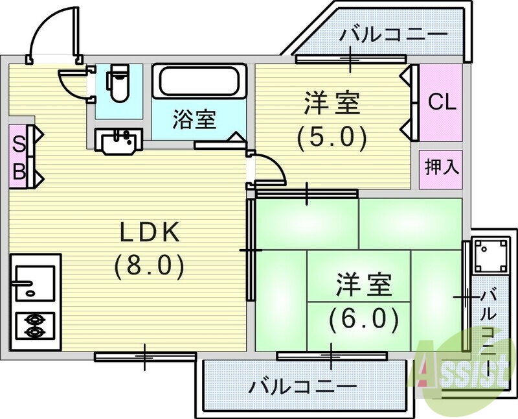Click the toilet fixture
coord(117,83)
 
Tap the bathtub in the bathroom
coord(199,81)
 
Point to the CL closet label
coord(442,102)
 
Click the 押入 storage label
coord(442,167)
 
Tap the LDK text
coord(150,232)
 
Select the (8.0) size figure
coord(149,267)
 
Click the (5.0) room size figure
coord(332,138)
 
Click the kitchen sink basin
coord(35,283)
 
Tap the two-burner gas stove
coord(35,326)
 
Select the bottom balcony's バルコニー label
coord(303,387)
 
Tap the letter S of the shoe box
coord(19,145)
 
